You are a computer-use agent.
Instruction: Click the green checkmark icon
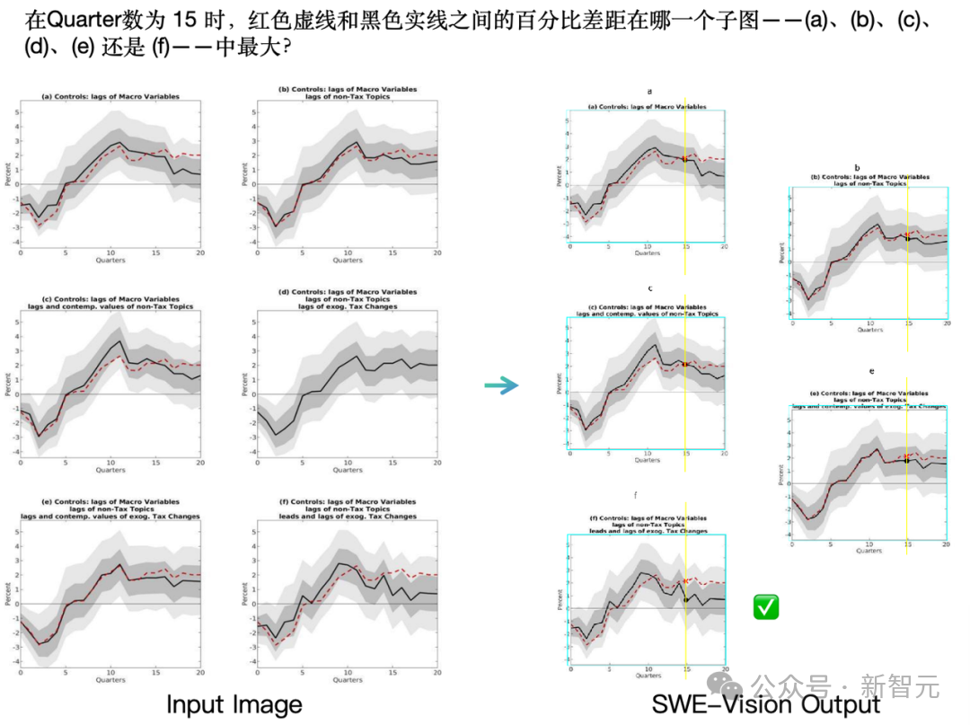(766, 606)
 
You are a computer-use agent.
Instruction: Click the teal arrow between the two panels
(501, 385)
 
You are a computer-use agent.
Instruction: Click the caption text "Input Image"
(234, 703)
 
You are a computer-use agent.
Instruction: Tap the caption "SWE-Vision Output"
(766, 705)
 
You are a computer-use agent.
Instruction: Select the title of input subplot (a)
(110, 96)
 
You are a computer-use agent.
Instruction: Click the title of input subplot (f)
(348, 509)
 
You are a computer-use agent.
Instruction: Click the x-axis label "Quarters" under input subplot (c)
(110, 470)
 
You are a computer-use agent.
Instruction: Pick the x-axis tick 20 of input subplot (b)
(436, 253)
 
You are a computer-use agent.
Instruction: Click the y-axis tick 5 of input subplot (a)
(14, 112)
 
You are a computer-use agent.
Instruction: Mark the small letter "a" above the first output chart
(649, 91)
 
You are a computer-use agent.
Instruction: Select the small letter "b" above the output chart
(857, 167)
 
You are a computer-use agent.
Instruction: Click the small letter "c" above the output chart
(649, 289)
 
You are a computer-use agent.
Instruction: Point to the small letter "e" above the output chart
(871, 370)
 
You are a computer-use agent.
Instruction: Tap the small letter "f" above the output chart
(636, 495)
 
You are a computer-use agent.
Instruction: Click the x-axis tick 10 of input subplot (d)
(348, 464)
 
